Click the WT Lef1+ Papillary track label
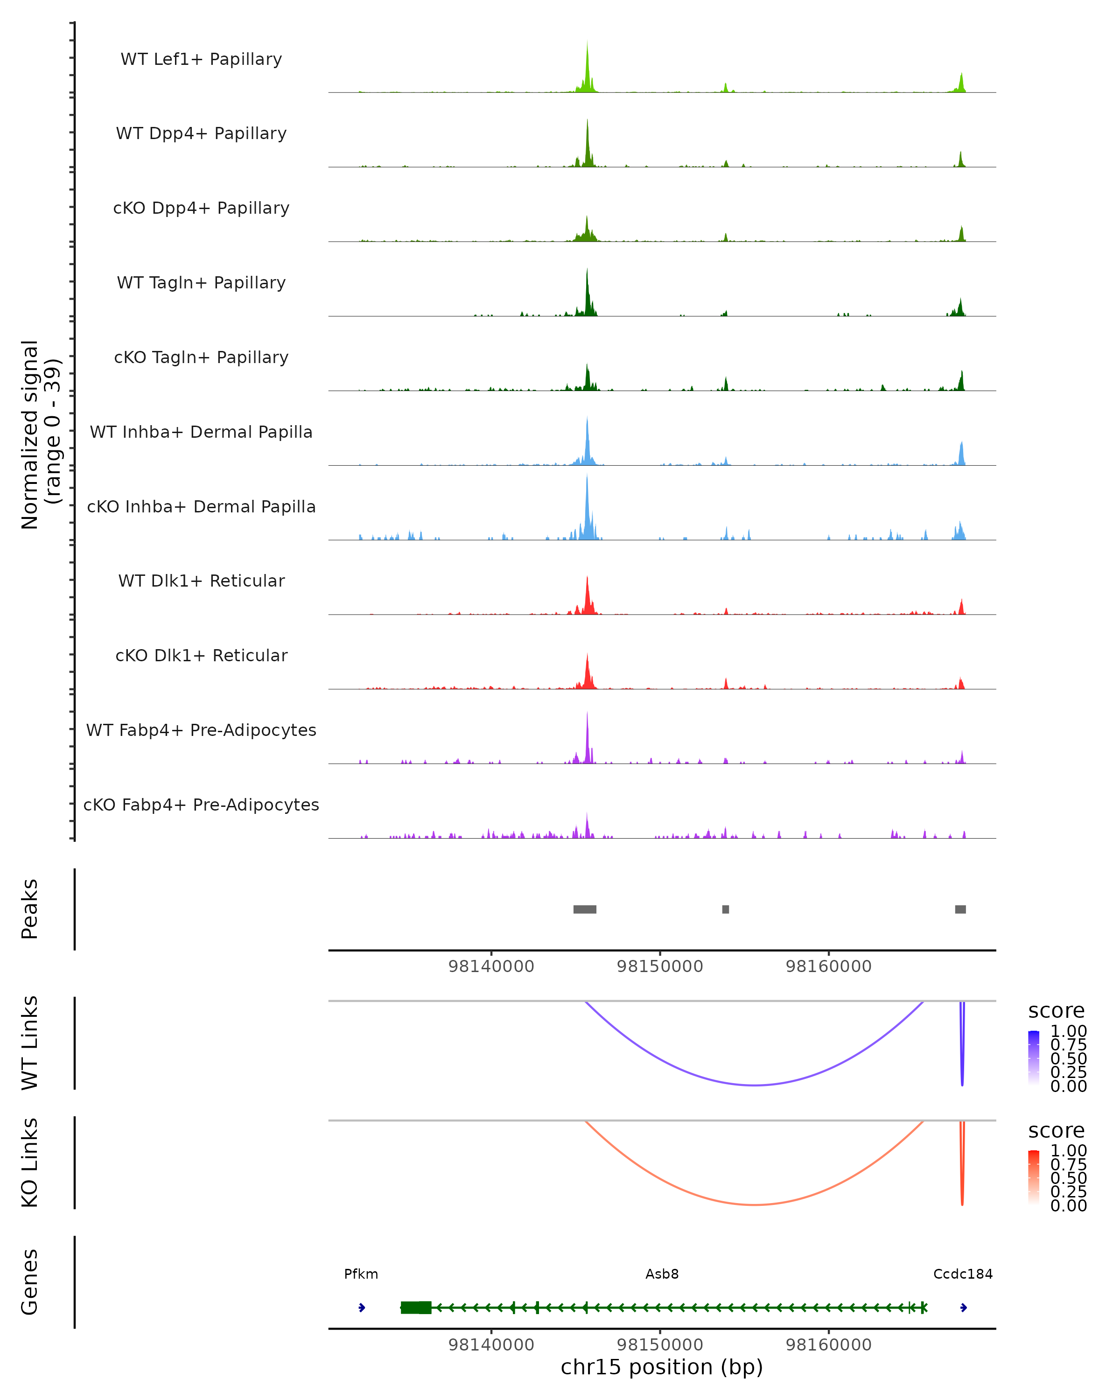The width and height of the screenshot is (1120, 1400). click(x=201, y=59)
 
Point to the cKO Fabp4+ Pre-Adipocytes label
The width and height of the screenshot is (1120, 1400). click(x=201, y=805)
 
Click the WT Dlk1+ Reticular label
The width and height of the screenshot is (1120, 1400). click(x=201, y=581)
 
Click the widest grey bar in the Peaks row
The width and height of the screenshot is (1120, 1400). click(x=584, y=909)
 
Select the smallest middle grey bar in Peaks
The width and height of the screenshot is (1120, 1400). click(x=725, y=909)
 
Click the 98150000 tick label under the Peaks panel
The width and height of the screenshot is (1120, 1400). click(x=660, y=966)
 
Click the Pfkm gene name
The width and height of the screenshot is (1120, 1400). click(x=361, y=1274)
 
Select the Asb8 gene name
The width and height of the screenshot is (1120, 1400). click(x=662, y=1274)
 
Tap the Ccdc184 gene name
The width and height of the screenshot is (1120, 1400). click(x=963, y=1274)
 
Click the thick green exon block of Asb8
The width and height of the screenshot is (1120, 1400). click(x=415, y=1307)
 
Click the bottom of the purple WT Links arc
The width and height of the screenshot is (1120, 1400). click(x=755, y=1085)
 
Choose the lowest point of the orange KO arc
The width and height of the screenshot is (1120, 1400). click(x=755, y=1204)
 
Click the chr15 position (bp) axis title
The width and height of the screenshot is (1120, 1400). click(x=662, y=1367)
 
